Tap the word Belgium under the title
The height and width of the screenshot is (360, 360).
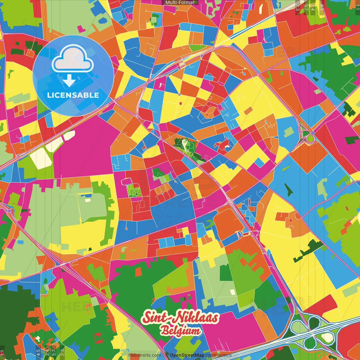[x=180, y=331]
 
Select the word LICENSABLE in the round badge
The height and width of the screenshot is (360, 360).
[x=73, y=95]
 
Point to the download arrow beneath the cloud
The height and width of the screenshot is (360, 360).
[x=69, y=81]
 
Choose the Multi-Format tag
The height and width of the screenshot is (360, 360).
[x=180, y=3]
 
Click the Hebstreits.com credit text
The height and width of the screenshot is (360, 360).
[x=145, y=355]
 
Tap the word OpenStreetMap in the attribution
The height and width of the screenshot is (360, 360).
[x=187, y=355]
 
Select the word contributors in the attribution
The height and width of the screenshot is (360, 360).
[x=219, y=355]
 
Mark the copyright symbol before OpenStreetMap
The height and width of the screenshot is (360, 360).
[x=167, y=355]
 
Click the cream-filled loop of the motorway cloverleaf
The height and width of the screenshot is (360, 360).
[x=327, y=337]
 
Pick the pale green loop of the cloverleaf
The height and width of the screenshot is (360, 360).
[x=297, y=326]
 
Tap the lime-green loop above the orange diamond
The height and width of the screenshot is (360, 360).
[x=310, y=138]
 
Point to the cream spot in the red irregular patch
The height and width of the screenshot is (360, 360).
[x=226, y=146]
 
